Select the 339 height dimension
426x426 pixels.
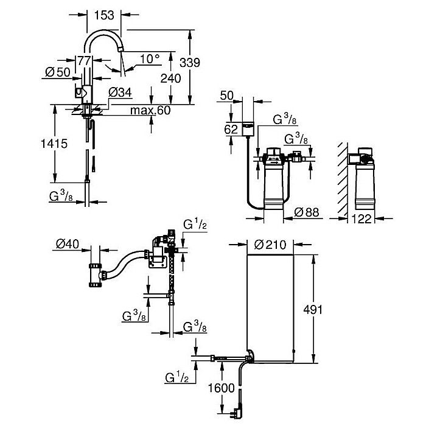click(189, 61)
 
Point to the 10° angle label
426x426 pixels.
click(148, 59)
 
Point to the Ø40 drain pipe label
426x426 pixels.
click(68, 245)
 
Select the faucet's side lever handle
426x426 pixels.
click(77, 93)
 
